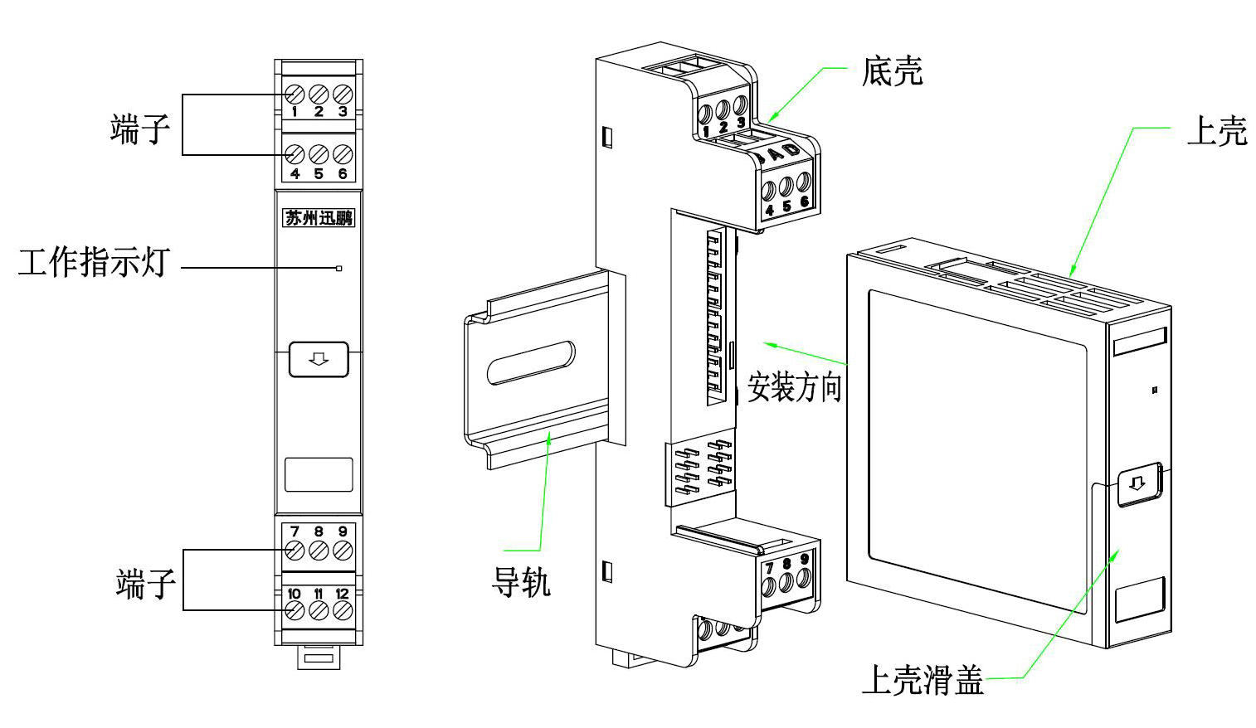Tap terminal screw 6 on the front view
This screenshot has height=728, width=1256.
343,154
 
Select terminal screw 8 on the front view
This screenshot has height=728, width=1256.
319,550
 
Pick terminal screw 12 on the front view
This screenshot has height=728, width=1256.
343,611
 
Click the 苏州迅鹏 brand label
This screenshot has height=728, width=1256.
319,218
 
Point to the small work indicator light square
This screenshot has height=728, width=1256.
338,268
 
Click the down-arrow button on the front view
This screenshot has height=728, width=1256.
319,359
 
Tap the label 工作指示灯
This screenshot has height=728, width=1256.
93,263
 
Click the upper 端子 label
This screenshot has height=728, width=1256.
139,129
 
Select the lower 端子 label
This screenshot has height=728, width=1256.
145,584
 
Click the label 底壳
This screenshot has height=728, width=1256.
892,72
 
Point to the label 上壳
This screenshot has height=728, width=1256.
1216,131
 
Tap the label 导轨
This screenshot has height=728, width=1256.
521,582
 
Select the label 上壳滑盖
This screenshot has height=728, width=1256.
923,680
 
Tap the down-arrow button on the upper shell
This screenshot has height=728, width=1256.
1137,483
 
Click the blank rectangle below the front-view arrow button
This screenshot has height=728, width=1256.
319,474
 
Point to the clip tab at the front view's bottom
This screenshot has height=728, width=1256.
319,658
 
